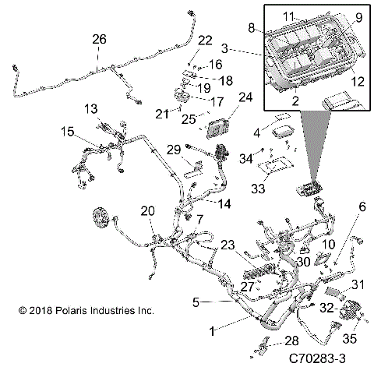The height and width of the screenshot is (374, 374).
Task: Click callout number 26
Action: coord(98,41)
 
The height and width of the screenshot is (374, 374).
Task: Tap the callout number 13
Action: coord(91,108)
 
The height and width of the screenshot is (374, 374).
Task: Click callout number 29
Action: coord(174,149)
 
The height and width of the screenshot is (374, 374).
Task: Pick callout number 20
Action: coord(146,211)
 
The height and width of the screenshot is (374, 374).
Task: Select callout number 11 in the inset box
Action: coord(289,16)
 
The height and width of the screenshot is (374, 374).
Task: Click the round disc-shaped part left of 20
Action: coord(101,219)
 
